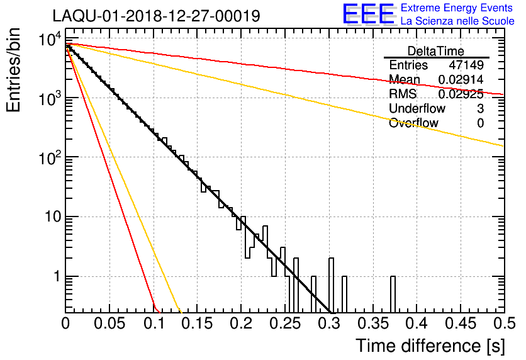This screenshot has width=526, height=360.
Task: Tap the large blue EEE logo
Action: click(368, 14)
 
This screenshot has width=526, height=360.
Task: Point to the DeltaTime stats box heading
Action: click(435, 51)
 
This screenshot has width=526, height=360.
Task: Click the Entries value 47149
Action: click(466, 65)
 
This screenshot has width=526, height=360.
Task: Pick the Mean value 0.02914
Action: click(461, 80)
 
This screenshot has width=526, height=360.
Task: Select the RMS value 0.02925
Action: click(461, 94)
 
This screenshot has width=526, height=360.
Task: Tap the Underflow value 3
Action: click(480, 109)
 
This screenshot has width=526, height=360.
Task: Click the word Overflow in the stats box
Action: click(413, 123)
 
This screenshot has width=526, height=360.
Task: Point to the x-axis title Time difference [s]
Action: click(430, 346)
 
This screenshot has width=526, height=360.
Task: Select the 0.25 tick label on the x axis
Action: click(285, 323)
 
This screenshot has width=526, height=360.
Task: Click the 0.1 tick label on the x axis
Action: click(154, 323)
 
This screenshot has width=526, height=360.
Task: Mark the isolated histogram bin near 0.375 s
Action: click(393, 294)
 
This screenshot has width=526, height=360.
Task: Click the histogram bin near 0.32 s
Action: click(344, 294)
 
